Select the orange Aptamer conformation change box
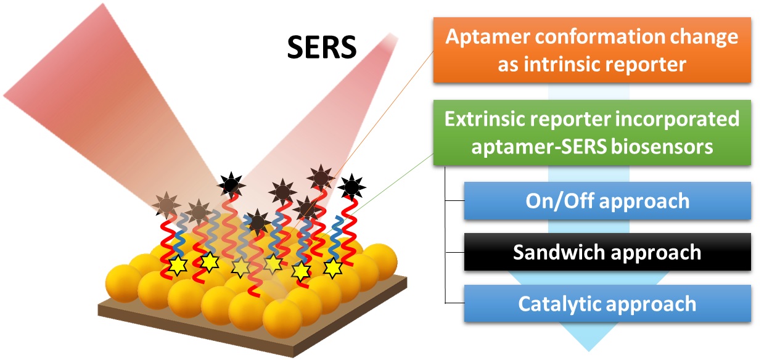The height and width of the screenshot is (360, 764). coord(591,50)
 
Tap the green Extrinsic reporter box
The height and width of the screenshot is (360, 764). coord(591,132)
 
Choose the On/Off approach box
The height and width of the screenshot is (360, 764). coord(607,201)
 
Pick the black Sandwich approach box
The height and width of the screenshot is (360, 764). coord(607,252)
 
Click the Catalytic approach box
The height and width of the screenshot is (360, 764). coord(607,304)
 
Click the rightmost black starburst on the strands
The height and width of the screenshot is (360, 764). coord(351,184)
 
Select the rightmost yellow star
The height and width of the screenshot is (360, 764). coord(334,267)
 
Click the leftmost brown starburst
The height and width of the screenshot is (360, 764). coord(165,203)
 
